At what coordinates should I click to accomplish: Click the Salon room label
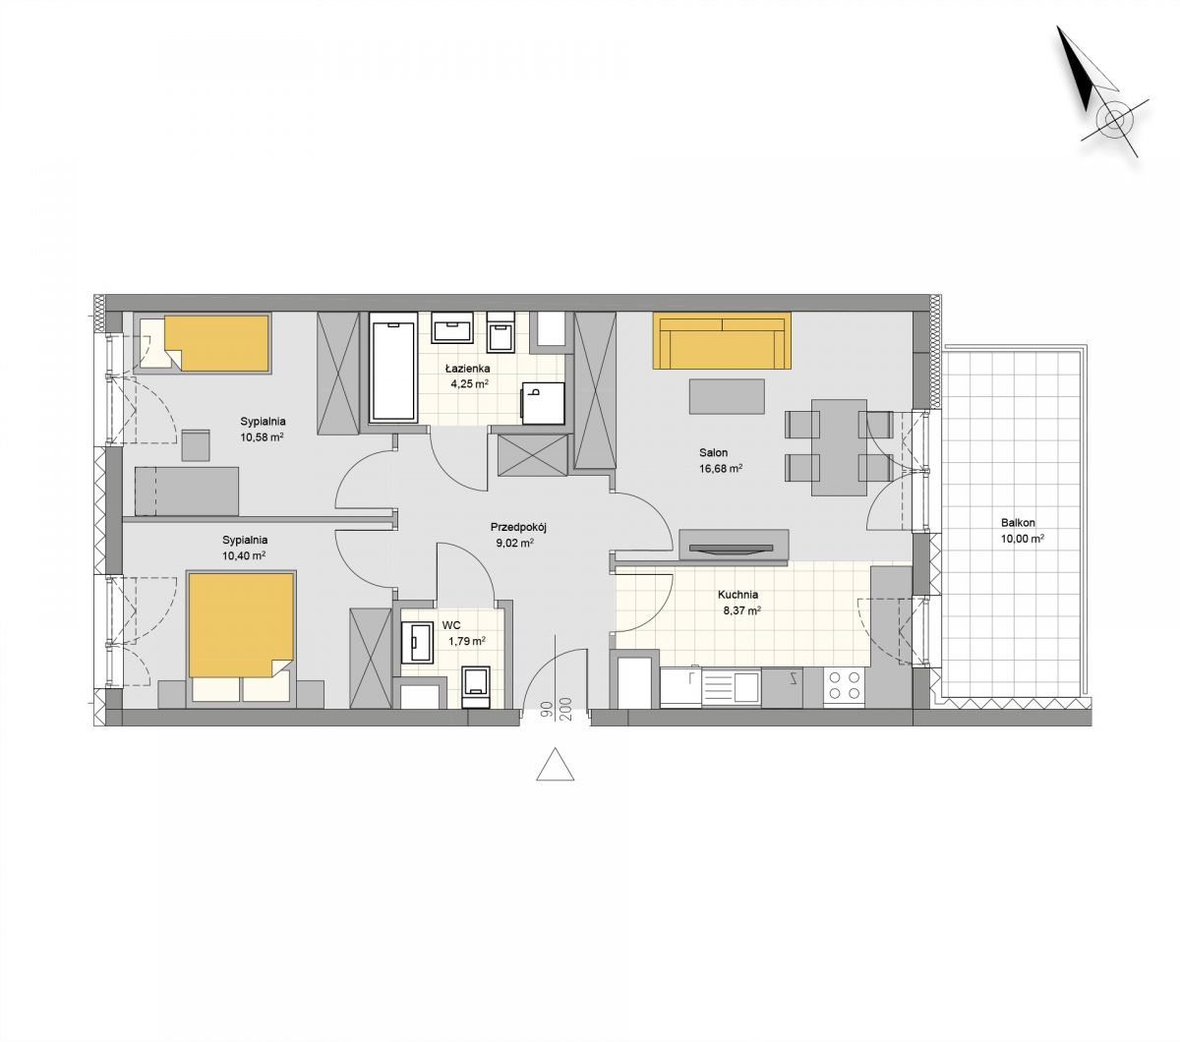pyautogui.click(x=714, y=452)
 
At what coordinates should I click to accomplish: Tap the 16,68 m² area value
pyautogui.click(x=721, y=468)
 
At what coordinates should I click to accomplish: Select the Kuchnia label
pyautogui.click(x=737, y=595)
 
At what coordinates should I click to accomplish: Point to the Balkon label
pyautogui.click(x=1018, y=523)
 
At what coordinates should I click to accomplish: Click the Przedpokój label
pyautogui.click(x=518, y=528)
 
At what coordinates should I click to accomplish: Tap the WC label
pyautogui.click(x=451, y=625)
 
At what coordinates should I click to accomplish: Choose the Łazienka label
pyautogui.click(x=468, y=368)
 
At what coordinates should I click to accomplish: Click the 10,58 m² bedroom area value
pyautogui.click(x=263, y=436)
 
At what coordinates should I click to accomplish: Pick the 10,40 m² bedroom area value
pyautogui.click(x=244, y=555)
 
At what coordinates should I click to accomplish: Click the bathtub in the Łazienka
pyautogui.click(x=393, y=367)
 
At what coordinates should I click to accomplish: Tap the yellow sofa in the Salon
pyautogui.click(x=722, y=341)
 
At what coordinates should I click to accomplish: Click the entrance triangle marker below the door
pyautogui.click(x=555, y=764)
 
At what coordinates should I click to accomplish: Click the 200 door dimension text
pyautogui.click(x=566, y=710)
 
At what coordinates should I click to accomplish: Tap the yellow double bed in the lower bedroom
pyautogui.click(x=241, y=637)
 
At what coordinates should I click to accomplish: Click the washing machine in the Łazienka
pyautogui.click(x=544, y=403)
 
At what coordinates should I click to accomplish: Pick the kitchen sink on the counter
pyautogui.click(x=733, y=687)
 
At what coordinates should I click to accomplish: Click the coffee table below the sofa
pyautogui.click(x=727, y=396)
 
